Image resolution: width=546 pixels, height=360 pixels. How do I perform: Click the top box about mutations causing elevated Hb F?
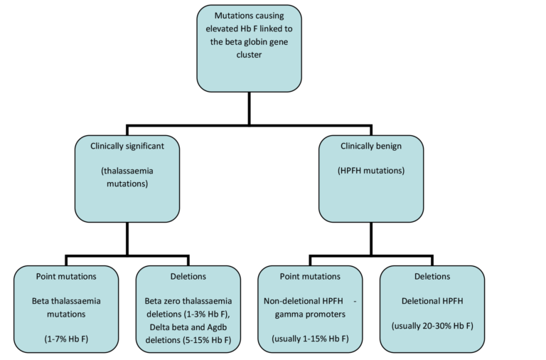point(248,48)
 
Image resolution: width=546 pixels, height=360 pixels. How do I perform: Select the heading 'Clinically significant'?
point(127,145)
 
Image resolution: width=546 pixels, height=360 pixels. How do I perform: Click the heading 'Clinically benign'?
point(370,145)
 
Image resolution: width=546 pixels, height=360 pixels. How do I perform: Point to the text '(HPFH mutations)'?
point(370,171)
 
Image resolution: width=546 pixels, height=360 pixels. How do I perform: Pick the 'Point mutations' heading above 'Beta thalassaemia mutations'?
point(66,275)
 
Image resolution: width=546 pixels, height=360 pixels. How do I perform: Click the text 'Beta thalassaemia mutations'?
point(66,307)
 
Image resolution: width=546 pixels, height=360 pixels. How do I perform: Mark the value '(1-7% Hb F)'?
point(66,338)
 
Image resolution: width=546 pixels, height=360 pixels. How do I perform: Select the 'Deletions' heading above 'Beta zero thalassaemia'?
point(188,275)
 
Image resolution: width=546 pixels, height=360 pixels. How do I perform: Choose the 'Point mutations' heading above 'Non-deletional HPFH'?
point(310,275)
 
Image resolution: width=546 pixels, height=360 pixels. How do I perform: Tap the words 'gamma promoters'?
point(310,314)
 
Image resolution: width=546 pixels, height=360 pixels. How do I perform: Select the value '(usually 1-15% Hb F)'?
point(310,338)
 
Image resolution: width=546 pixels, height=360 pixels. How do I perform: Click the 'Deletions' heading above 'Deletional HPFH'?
point(432,275)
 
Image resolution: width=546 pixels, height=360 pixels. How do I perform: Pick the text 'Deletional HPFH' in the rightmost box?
point(432,301)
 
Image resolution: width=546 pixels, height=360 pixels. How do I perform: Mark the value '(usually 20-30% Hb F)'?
point(432,326)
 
